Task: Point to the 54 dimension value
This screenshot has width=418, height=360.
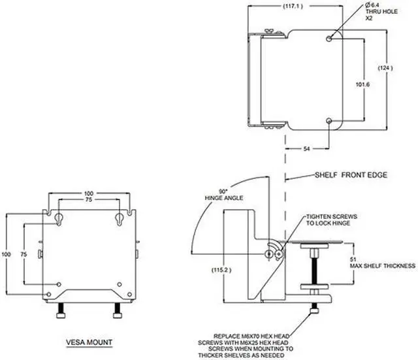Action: point(307,150)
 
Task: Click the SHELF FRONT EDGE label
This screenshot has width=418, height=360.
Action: point(351,176)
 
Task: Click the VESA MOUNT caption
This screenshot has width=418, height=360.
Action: point(90,342)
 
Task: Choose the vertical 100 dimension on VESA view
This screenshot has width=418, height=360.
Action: point(6,254)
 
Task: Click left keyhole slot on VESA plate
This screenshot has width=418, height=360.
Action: point(58,217)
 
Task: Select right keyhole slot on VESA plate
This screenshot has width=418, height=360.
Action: point(119,217)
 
